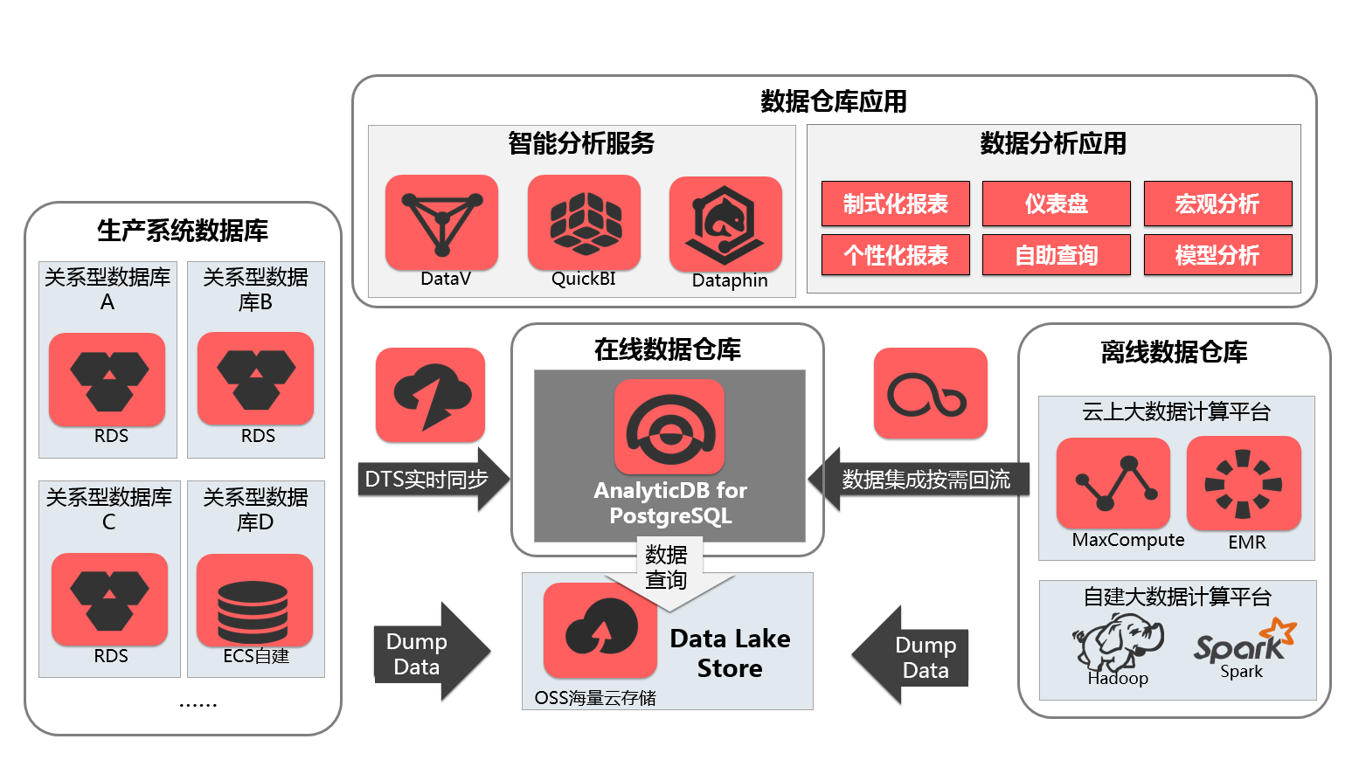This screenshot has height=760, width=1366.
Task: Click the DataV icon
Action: (441, 222)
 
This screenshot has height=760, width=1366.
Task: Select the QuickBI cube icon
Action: (584, 222)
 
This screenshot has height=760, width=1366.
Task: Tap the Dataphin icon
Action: (725, 224)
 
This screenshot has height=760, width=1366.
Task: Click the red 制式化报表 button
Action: (896, 204)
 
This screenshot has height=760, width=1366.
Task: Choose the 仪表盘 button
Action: (1056, 204)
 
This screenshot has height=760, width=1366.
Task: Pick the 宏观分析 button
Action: (1217, 204)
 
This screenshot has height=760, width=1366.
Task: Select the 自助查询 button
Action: (1056, 255)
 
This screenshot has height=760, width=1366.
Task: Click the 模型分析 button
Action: (1217, 255)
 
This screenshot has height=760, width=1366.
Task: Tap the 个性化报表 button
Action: (896, 255)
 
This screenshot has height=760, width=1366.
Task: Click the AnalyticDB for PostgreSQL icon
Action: (669, 427)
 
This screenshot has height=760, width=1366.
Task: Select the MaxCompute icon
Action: (1113, 483)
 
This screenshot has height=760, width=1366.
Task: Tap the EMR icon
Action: (1244, 483)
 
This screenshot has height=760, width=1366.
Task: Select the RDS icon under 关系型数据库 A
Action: (107, 379)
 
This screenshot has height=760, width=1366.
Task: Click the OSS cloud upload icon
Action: (600, 629)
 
